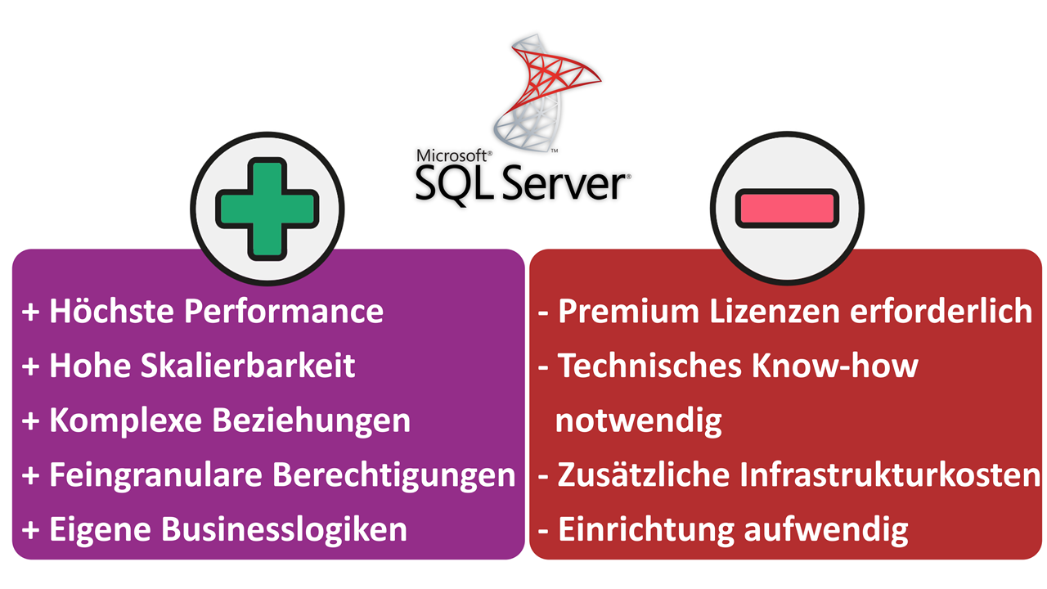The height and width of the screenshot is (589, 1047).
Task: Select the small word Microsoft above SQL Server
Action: tap(453, 155)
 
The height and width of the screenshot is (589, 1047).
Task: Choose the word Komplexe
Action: tap(126, 420)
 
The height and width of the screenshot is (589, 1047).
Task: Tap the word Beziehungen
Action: tap(312, 420)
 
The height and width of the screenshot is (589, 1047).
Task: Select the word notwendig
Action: tap(638, 420)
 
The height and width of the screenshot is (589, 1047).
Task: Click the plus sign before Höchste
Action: tap(30, 312)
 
